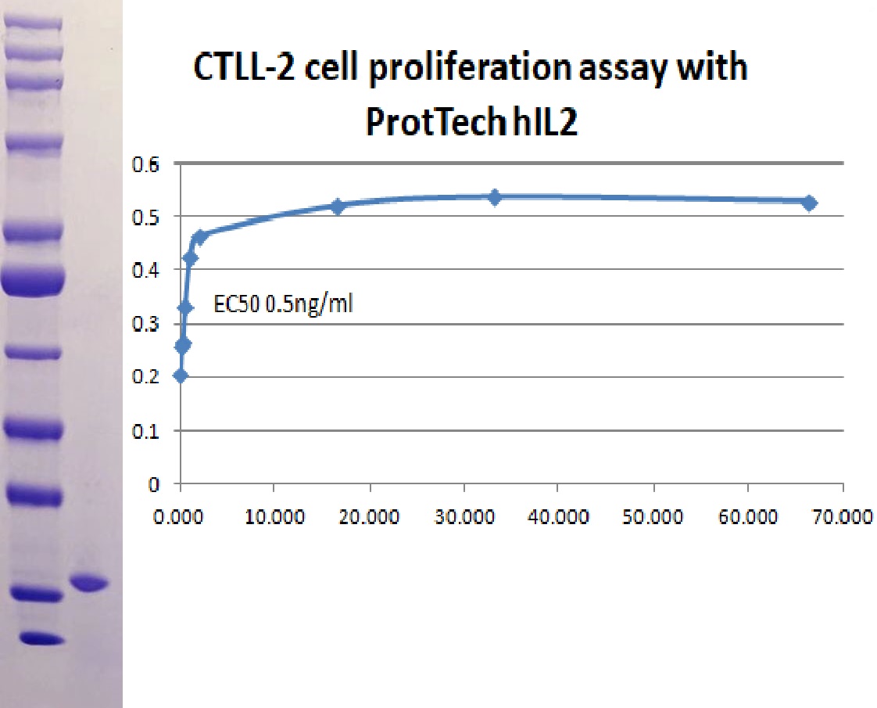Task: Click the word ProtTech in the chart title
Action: point(431,121)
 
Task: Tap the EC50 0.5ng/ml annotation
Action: point(283,304)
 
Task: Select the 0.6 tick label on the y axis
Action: point(145,164)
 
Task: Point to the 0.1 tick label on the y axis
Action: point(145,431)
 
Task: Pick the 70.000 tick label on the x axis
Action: point(843,516)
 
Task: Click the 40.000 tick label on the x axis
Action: point(558,516)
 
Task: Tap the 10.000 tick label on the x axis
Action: point(274,516)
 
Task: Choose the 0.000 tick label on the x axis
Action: point(178,516)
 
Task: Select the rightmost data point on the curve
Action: point(809,203)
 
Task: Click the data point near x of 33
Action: point(495,197)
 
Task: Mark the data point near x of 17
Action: point(337,206)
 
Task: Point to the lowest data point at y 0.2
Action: point(180,376)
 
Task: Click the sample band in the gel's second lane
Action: point(89,583)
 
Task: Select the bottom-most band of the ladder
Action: point(42,638)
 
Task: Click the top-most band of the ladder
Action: point(33,23)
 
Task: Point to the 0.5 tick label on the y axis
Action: point(145,217)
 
